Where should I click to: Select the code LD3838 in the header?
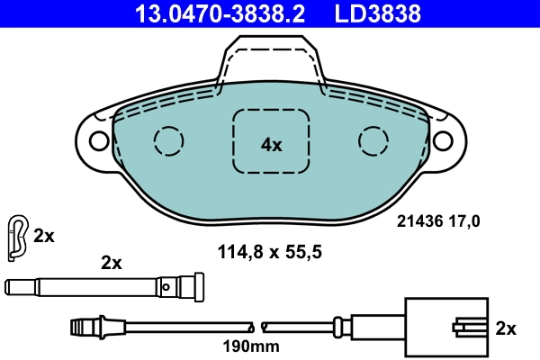point(378,13)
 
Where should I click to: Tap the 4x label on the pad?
point(272,144)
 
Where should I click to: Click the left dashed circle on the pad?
point(167,139)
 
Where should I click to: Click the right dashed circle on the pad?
point(373,139)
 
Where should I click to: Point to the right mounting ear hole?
point(445,141)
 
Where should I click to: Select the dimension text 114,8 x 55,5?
point(270,253)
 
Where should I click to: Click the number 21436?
point(418,219)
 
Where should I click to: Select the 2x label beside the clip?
point(44,237)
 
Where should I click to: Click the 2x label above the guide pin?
point(111,263)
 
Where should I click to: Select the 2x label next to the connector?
point(507,328)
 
